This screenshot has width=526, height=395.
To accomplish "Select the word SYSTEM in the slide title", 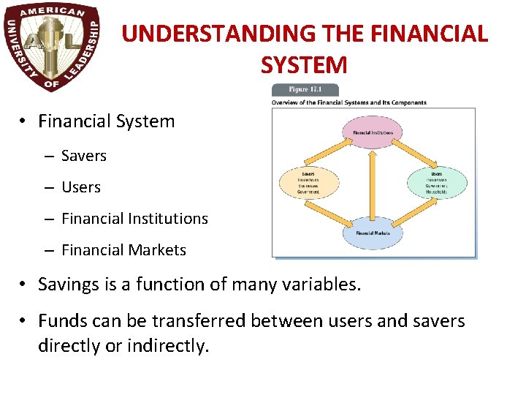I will click(x=304, y=65).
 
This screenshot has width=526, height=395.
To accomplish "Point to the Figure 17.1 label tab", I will click(x=305, y=90).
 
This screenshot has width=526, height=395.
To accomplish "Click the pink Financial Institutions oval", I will click(x=373, y=132).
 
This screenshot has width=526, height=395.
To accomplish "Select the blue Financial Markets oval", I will click(x=373, y=233).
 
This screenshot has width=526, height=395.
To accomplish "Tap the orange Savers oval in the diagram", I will click(x=309, y=182).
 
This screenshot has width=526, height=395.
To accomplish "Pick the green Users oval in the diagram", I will click(x=437, y=182).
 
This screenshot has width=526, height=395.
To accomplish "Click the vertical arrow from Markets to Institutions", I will click(x=373, y=182).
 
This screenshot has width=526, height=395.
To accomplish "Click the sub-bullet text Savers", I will click(x=84, y=156).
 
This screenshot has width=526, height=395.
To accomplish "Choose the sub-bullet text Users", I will click(x=81, y=187).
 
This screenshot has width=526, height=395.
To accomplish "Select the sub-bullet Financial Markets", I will click(x=123, y=250).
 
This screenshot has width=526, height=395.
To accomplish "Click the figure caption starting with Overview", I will click(x=348, y=102).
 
